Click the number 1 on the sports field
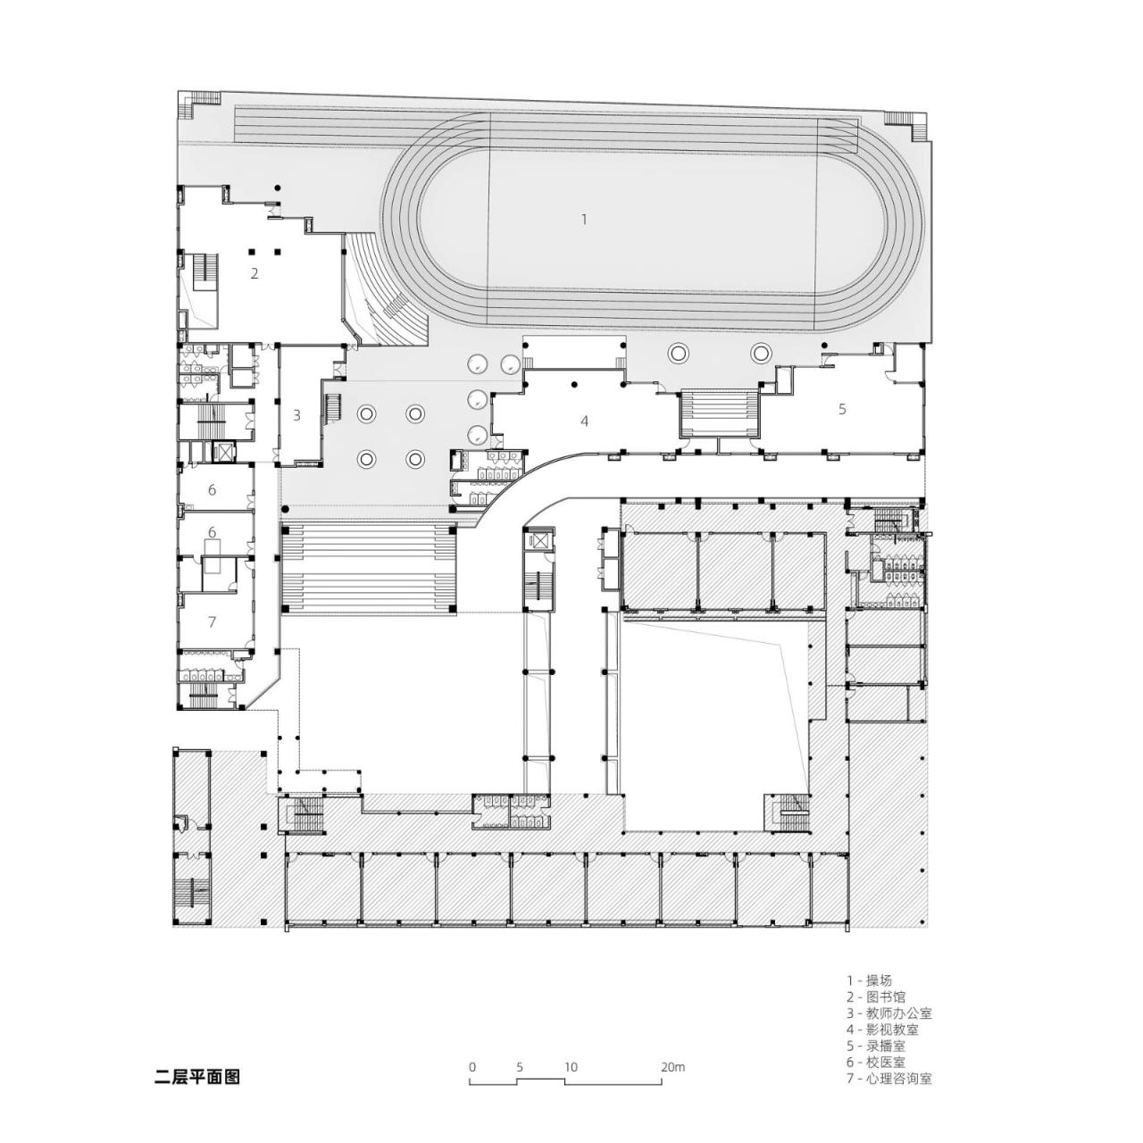click(x=584, y=219)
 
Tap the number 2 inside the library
click(x=254, y=273)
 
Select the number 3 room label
click(x=296, y=415)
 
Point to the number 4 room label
click(x=585, y=421)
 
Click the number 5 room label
click(x=841, y=409)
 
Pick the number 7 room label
click(x=212, y=622)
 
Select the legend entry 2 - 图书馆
click(x=875, y=997)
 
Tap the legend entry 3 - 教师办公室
click(x=889, y=1014)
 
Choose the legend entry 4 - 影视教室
click(x=882, y=1030)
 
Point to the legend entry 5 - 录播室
click(x=875, y=1046)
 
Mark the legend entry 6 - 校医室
click(x=875, y=1062)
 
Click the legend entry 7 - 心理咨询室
click(x=889, y=1079)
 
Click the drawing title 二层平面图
click(x=197, y=1077)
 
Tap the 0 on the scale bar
click(x=471, y=1067)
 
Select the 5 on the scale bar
click(x=519, y=1067)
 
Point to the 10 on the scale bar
click(x=570, y=1067)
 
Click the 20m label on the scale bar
click(x=672, y=1067)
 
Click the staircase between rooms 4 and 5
click(x=719, y=413)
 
